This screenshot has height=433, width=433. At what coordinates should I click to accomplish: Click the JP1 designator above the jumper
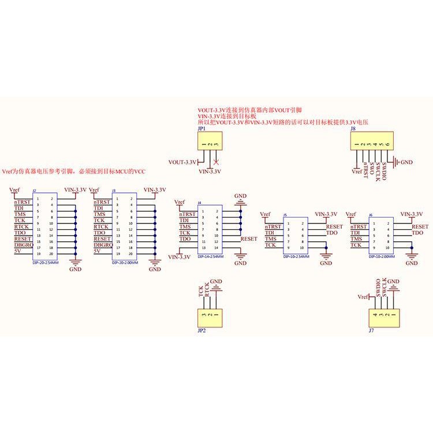point(201,129)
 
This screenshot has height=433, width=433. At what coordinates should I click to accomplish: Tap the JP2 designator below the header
point(201,332)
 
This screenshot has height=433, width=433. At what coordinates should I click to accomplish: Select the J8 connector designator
point(353,129)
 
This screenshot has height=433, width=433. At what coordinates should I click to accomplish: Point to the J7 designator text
point(371,332)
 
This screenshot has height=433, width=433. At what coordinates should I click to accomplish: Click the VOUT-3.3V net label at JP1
point(182,162)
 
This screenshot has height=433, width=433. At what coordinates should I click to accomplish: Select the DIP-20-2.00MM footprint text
point(126,262)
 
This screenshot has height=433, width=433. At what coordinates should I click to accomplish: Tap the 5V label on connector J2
point(17,251)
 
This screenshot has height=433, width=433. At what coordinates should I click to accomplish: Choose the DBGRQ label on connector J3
point(102,245)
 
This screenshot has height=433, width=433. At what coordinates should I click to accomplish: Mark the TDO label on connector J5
point(331,233)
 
